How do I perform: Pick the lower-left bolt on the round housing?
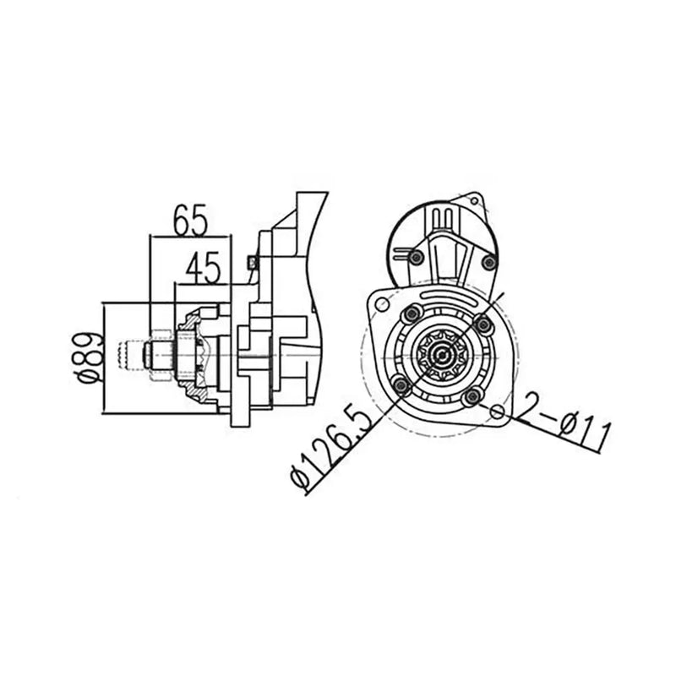pos(403,387)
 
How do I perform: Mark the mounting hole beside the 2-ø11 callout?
pos(499,413)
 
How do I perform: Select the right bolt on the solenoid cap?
pos(486,263)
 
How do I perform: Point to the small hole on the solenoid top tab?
pos(476,200)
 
